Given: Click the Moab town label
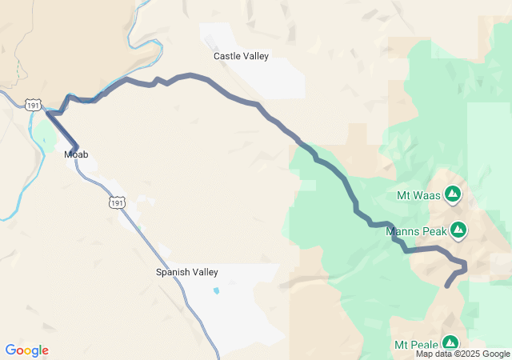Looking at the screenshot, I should tap(76, 154).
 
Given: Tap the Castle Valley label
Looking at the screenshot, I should tap(241, 56).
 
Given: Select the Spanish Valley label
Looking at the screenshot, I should tap(186, 272).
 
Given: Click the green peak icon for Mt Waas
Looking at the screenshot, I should tap(453, 194).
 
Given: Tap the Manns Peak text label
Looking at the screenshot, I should tap(414, 232).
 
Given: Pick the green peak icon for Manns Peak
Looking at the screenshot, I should tap(458, 231).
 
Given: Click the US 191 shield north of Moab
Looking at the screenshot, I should tap(32, 105).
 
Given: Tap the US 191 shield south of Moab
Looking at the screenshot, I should tap(118, 203).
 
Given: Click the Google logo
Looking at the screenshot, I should tap(26, 350).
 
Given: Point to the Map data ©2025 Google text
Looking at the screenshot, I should tap(462, 354).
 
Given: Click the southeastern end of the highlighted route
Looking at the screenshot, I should tap(446, 286).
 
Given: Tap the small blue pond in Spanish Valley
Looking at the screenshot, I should tap(217, 290).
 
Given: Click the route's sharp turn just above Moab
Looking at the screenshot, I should tap(50, 114).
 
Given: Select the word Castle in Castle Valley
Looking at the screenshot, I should tap(226, 56).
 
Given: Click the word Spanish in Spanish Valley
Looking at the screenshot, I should tap(173, 272).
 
